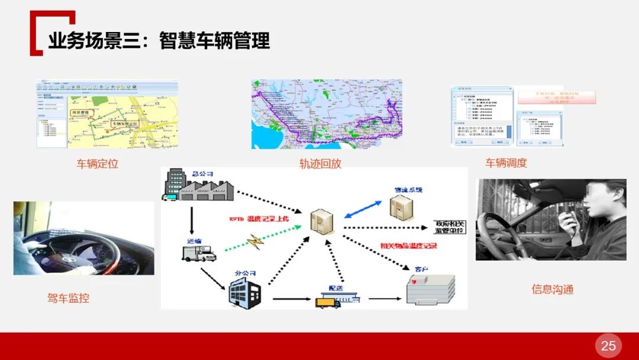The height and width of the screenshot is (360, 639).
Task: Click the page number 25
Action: (x=608, y=346)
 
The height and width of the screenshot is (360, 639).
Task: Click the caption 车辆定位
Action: (x=98, y=163)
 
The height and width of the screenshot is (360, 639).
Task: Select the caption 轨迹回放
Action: (x=320, y=163)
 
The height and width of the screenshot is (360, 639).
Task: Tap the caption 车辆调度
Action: (x=506, y=163)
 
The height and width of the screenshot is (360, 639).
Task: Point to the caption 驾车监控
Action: (x=68, y=298)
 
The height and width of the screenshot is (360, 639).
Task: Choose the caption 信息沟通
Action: (x=552, y=290)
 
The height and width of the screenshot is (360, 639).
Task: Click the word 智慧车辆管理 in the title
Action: (x=214, y=41)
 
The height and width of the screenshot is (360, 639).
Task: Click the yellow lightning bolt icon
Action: (x=255, y=240)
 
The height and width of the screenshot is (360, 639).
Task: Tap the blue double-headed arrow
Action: (x=363, y=209)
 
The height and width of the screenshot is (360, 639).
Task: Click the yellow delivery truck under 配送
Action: (x=328, y=302)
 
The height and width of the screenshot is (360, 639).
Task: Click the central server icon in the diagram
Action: (x=322, y=221)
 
